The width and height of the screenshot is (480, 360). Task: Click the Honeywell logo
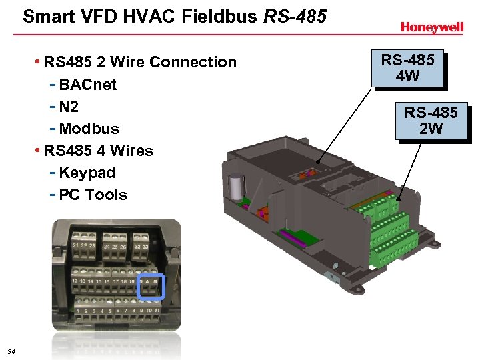point(431,27)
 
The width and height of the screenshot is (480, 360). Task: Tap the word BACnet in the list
point(88,85)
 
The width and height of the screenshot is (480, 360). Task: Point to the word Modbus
point(89,129)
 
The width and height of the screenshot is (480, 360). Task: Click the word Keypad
point(87,173)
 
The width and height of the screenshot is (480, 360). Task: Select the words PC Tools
point(93,195)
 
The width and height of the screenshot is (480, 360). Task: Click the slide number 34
point(11,351)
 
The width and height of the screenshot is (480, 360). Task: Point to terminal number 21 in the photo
point(76,247)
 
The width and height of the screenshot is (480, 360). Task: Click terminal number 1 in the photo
point(78,311)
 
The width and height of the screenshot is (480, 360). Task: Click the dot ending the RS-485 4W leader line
point(318,162)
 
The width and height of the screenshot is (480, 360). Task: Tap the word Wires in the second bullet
point(131,151)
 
